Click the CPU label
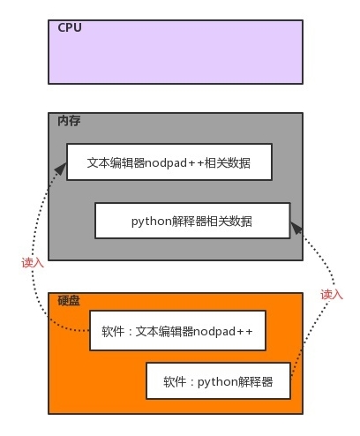pyautogui.click(x=70, y=27)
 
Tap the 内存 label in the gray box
pyautogui.click(x=69, y=121)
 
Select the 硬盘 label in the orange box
pyautogui.click(x=69, y=301)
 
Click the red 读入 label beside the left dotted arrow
pyautogui.click(x=33, y=262)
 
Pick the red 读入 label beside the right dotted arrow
pyautogui.click(x=332, y=294)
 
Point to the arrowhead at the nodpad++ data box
pyautogui.click(x=61, y=169)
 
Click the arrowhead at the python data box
pyautogui.click(x=296, y=229)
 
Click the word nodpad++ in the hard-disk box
pyautogui.click(x=223, y=332)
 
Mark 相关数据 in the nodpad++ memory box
pyautogui.click(x=228, y=162)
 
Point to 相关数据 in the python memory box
pyautogui.click(x=229, y=222)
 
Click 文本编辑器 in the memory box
pyautogui.click(x=116, y=162)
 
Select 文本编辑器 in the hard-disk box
pyautogui.click(x=164, y=332)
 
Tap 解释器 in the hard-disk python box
pyautogui.click(x=255, y=382)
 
